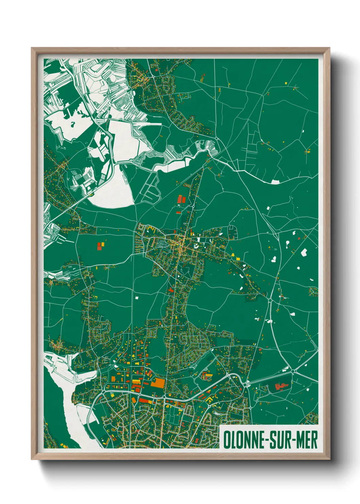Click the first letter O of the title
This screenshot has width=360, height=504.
(x=227, y=440)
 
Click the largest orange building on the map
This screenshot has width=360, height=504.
(x=158, y=383)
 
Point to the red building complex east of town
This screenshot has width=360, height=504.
(x=281, y=387)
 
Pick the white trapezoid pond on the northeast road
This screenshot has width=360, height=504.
(x=275, y=182)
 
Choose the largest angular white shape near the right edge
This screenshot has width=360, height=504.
(x=304, y=252)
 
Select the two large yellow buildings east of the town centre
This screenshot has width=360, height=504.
(x=235, y=256)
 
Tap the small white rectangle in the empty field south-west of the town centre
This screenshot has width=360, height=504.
(x=137, y=297)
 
